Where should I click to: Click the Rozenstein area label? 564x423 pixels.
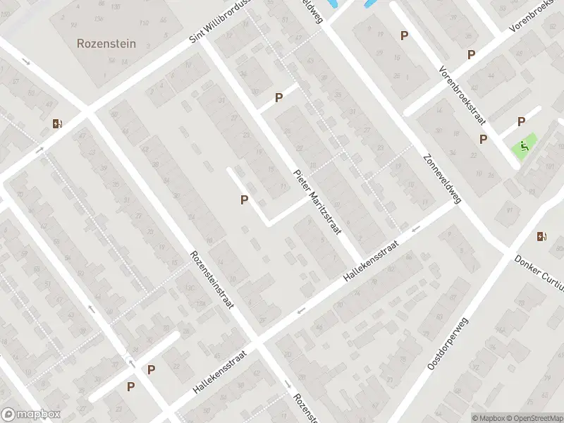(x=106, y=43)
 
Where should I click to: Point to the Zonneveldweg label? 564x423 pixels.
(x=442, y=179)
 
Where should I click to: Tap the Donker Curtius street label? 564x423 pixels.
(x=539, y=271)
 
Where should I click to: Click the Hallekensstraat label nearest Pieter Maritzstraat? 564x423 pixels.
(x=371, y=262)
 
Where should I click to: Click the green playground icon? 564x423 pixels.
(x=524, y=147)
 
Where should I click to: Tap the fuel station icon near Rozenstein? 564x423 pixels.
(x=56, y=124)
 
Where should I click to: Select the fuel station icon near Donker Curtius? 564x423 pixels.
(x=541, y=236)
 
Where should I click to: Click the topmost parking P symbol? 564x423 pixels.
(x=404, y=35)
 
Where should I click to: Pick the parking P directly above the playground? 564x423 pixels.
(x=521, y=121)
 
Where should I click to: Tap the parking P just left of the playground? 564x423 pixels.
(x=483, y=139)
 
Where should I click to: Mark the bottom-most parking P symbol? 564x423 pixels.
(x=130, y=386)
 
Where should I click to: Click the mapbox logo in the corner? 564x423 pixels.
(x=31, y=415)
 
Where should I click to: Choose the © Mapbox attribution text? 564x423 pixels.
(x=489, y=418)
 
